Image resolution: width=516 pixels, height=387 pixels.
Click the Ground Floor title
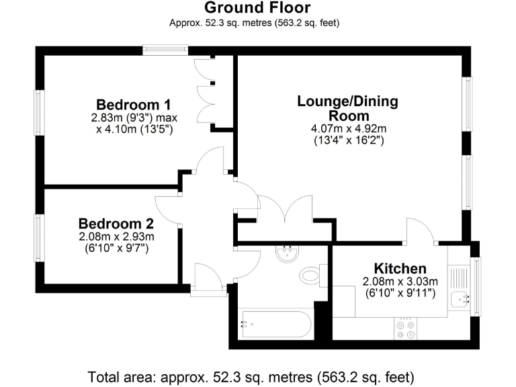(257, 8)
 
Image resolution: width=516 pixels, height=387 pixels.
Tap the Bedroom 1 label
(133, 105)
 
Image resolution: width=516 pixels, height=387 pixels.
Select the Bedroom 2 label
(116, 224)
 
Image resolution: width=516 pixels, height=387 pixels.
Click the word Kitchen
(400, 269)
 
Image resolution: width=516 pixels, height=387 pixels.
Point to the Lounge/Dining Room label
(347, 108)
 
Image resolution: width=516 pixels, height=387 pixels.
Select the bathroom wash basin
(288, 253)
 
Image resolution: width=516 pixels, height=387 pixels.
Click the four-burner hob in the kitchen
(406, 329)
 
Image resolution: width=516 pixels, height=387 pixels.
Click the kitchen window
(476, 285)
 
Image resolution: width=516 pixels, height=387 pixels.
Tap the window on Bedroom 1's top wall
(165, 49)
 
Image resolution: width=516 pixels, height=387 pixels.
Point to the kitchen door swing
(421, 230)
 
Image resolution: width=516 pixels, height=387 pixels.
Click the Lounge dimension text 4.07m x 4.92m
(347, 130)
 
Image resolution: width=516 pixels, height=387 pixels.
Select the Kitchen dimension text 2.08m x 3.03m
(400, 282)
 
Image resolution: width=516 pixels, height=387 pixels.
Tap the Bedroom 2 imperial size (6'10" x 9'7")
(116, 248)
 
